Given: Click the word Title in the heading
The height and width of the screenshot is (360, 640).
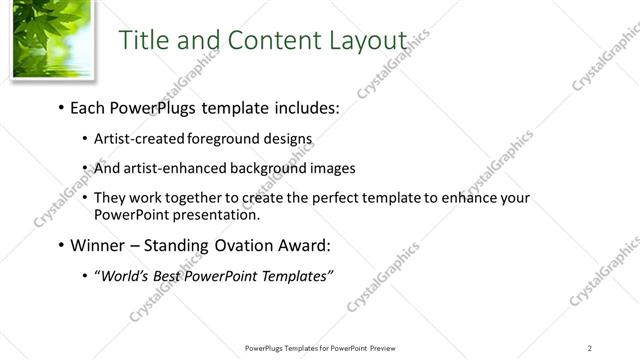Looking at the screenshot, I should click(144, 41).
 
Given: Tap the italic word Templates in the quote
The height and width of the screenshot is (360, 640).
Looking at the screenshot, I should click(295, 276).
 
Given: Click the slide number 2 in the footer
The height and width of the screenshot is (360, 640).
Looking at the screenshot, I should click(590, 347).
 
